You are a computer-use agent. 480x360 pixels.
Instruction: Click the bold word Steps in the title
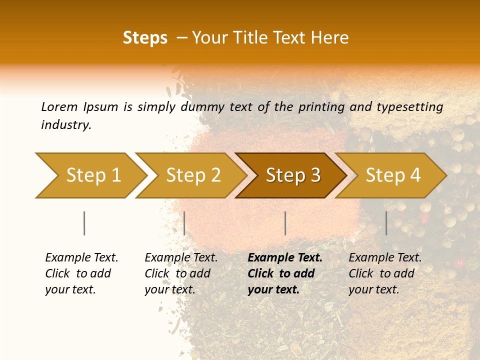click(x=145, y=38)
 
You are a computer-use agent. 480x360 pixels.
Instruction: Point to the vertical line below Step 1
click(x=84, y=223)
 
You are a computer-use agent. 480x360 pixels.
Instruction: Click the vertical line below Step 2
click(x=184, y=223)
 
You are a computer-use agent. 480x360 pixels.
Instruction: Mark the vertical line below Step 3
click(x=285, y=223)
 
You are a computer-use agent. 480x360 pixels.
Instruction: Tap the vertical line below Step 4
click(x=386, y=223)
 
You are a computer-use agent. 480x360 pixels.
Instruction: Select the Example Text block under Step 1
click(x=81, y=273)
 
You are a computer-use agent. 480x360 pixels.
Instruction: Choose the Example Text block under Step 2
click(x=181, y=273)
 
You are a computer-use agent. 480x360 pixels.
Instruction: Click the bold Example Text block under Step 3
click(x=285, y=273)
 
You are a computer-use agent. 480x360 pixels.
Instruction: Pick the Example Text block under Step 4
click(x=385, y=273)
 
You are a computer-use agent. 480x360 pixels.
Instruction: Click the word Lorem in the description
click(x=59, y=106)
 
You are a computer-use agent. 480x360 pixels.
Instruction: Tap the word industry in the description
click(x=65, y=125)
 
